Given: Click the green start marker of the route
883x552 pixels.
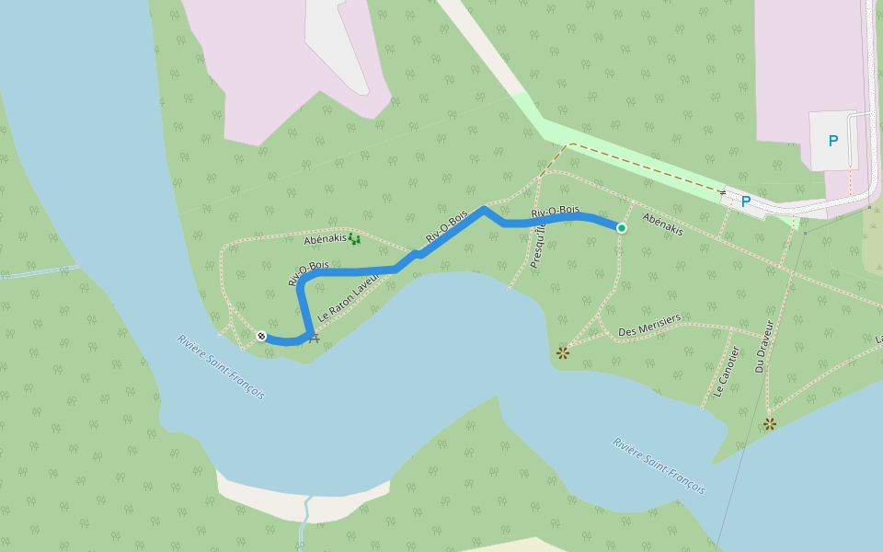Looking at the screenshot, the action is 622,228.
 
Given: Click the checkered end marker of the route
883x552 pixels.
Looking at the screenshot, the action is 262,336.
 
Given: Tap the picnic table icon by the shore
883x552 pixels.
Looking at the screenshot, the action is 315,339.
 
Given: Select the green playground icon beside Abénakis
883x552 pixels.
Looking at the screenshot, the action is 354,239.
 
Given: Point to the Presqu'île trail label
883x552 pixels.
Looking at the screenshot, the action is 539,240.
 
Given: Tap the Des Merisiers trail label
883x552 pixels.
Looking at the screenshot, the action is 649,325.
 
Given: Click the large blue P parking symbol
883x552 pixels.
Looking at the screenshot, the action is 833,141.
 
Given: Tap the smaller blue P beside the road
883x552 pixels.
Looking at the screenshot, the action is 746,201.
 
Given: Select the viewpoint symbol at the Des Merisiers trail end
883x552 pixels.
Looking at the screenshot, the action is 563,352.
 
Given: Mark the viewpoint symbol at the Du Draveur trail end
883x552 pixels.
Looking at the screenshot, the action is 770,424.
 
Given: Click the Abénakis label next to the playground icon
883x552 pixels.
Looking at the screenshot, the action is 325,239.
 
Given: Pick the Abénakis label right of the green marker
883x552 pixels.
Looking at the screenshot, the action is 662,224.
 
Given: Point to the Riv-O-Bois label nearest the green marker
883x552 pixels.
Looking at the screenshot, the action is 556,213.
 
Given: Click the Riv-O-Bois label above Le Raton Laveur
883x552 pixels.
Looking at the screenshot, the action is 308,273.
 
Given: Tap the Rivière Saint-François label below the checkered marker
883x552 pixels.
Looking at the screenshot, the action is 220,366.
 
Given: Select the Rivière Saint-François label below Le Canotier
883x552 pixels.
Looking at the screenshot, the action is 659,466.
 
